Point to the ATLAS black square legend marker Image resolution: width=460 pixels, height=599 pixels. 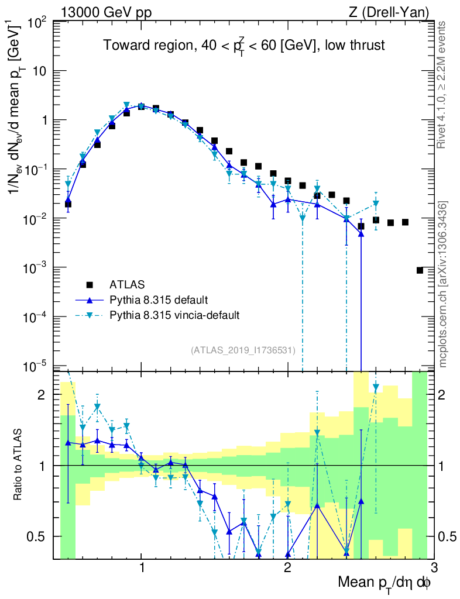[90, 285]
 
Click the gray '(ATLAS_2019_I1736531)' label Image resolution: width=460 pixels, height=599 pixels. [243, 350]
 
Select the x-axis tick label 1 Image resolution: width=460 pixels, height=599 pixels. [142, 567]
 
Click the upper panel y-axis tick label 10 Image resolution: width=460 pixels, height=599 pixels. [40, 71]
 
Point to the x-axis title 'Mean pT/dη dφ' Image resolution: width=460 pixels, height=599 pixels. [385, 583]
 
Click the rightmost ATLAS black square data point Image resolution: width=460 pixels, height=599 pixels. [420, 270]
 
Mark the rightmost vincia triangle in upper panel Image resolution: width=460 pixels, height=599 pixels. [376, 204]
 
